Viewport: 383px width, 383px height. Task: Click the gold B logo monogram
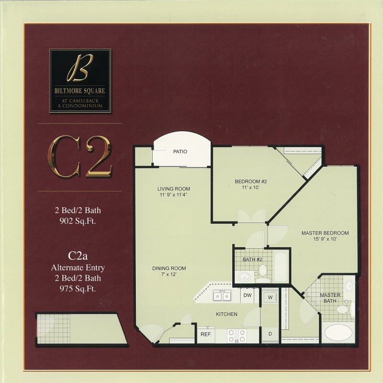click(x=80, y=68)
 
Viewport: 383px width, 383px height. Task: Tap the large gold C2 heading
click(x=80, y=157)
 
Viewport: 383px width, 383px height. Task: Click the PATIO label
click(x=180, y=152)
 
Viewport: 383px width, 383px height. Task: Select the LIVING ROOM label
click(x=174, y=189)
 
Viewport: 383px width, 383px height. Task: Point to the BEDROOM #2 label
click(x=251, y=181)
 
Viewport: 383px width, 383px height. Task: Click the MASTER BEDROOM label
click(x=325, y=233)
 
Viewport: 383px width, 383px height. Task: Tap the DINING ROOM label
click(x=169, y=269)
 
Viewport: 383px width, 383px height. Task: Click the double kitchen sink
click(x=222, y=296)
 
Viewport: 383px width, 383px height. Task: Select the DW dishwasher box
click(x=248, y=295)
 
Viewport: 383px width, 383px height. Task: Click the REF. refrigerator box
click(x=206, y=334)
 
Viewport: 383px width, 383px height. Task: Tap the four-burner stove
click(x=237, y=336)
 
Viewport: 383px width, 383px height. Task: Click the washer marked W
click(x=270, y=297)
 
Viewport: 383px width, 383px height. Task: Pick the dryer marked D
click(x=270, y=334)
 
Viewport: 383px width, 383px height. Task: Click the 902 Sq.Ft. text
click(x=78, y=221)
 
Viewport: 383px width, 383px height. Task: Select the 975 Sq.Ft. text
click(x=78, y=289)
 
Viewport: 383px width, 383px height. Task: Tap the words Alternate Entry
click(x=78, y=268)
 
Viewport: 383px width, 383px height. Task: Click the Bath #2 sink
click(x=245, y=277)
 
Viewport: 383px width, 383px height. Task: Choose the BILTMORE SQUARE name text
click(x=80, y=91)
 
